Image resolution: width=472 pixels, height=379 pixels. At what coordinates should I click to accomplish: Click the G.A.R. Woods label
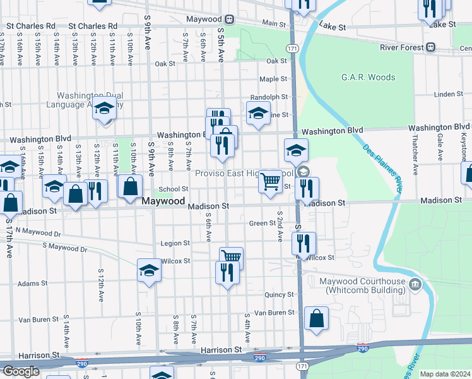coord(368,78)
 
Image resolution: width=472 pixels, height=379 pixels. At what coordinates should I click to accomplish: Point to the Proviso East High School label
coord(243,174)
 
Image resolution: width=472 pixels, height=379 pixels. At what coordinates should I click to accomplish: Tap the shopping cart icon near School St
coord(271,182)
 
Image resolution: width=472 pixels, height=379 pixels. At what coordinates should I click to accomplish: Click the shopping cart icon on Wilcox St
coord(232,257)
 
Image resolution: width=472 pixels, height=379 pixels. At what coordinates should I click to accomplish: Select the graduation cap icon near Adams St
coord(148,270)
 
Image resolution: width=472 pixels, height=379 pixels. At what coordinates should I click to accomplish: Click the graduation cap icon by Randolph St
coord(258,113)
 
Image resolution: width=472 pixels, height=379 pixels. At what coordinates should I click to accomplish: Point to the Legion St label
coord(175,243)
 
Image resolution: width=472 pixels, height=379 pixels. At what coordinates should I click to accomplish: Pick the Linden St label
coord(449,94)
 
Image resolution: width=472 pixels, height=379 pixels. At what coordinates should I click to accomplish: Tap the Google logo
coord(20,371)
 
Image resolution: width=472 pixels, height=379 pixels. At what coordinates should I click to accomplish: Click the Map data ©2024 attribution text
coord(445,374)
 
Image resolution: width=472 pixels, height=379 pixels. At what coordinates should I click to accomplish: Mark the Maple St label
coord(273,79)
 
